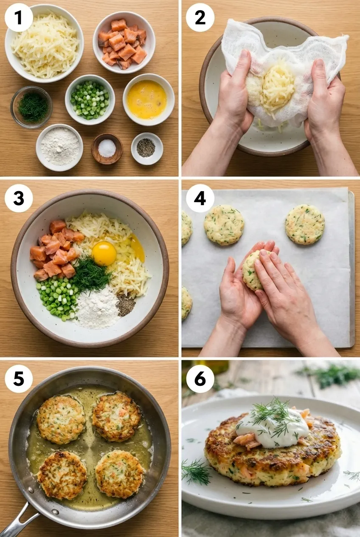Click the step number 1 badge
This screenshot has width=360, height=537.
(x=19, y=17)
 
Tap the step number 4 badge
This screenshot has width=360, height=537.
(x=200, y=198)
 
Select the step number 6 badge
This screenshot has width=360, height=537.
(x=200, y=379)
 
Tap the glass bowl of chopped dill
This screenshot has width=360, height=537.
(x=31, y=107)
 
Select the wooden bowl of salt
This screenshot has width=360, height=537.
(x=107, y=148)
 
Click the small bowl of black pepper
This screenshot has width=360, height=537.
(x=146, y=148)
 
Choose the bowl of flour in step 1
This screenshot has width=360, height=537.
(x=59, y=147)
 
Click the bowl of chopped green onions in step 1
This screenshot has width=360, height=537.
(x=90, y=99)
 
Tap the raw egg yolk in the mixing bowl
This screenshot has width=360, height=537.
(x=104, y=254)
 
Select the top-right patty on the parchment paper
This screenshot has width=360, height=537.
(x=305, y=224)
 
